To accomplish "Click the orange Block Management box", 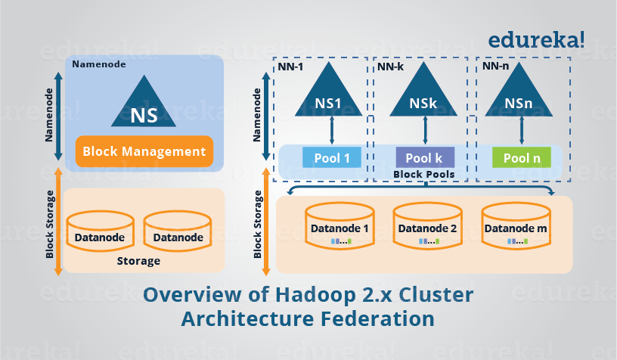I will pyautogui.click(x=144, y=151).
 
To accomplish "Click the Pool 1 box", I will pyautogui.click(x=332, y=158).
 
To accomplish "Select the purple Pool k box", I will pyautogui.click(x=425, y=158).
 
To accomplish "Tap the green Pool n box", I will pyautogui.click(x=521, y=158).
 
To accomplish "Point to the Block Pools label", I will pyautogui.click(x=424, y=174).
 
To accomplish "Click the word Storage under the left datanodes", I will pyautogui.click(x=139, y=261).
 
